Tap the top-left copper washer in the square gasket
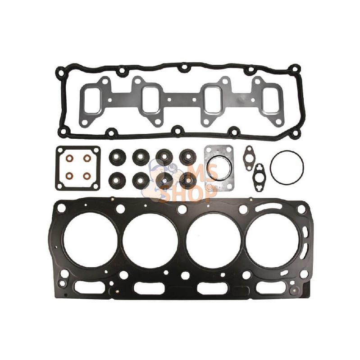[69, 158]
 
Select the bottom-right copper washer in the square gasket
[87, 176]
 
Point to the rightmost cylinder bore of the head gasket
[272, 241]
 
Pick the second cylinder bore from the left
[150, 241]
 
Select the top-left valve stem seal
[117, 157]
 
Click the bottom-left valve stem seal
[117, 179]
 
